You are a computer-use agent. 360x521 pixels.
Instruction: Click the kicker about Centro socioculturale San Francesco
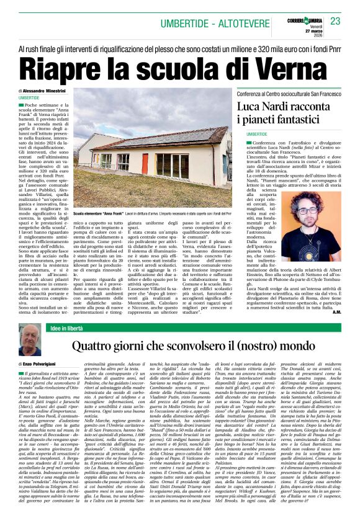click(x=290, y=93)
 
